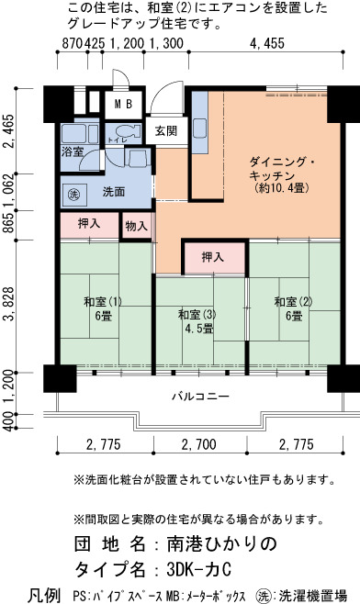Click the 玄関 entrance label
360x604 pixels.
166,131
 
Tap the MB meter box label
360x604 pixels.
124,104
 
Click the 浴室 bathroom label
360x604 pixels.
73,151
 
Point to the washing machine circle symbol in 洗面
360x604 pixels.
73,195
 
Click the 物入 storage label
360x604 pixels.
137,226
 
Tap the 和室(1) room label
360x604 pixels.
103,302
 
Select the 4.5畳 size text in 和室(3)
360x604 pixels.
199,330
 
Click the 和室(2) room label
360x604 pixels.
293,302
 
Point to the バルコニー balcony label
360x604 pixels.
200,396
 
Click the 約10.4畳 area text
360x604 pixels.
281,188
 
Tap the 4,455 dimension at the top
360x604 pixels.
267,43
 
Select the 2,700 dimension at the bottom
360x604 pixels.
199,445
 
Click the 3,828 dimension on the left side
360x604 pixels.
8,304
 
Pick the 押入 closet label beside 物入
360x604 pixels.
89,224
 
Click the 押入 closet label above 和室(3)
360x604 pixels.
213,257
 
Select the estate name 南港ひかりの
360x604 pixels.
222,544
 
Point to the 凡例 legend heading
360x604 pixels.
43,595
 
